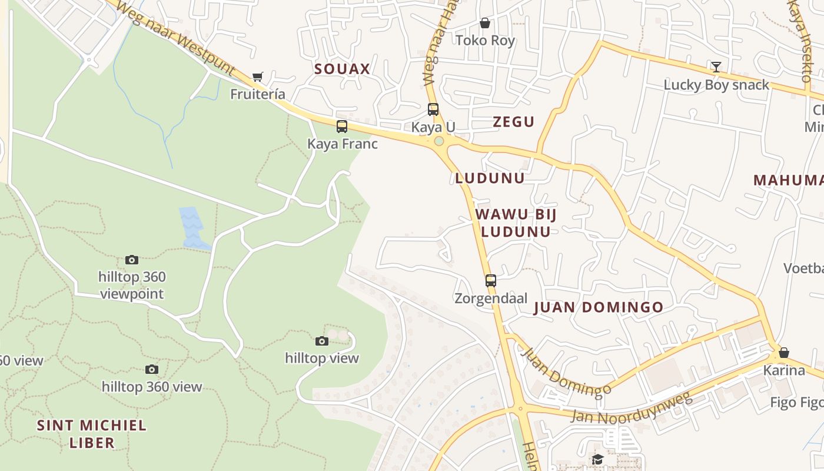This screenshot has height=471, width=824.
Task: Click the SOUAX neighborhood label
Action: click(x=342, y=69)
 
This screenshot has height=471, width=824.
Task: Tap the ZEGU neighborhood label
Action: click(x=513, y=122)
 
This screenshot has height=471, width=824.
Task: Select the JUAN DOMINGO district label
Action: click(x=598, y=307)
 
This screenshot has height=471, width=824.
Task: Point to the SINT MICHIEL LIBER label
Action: click(x=92, y=434)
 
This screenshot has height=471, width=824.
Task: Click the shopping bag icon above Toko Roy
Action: click(x=485, y=23)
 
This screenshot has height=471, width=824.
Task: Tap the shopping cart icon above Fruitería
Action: click(x=257, y=77)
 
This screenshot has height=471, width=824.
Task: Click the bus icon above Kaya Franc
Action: click(x=342, y=127)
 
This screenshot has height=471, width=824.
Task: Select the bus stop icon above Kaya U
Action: click(x=433, y=110)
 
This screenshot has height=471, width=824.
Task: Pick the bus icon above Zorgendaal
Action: click(x=491, y=281)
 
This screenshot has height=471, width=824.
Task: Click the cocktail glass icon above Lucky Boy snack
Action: click(x=716, y=67)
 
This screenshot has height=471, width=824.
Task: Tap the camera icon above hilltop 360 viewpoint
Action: click(x=132, y=260)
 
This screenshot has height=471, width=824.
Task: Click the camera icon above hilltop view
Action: click(x=322, y=341)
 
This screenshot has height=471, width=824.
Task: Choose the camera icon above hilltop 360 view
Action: click(x=152, y=370)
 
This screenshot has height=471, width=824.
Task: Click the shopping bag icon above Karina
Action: click(x=784, y=353)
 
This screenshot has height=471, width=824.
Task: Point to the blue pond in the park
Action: click(x=193, y=227)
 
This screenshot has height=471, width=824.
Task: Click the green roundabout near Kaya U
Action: click(x=438, y=141)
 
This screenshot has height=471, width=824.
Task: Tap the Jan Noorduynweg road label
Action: click(x=631, y=409)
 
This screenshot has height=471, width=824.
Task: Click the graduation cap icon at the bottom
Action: click(x=598, y=459)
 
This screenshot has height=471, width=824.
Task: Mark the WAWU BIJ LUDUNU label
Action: click(x=516, y=223)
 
